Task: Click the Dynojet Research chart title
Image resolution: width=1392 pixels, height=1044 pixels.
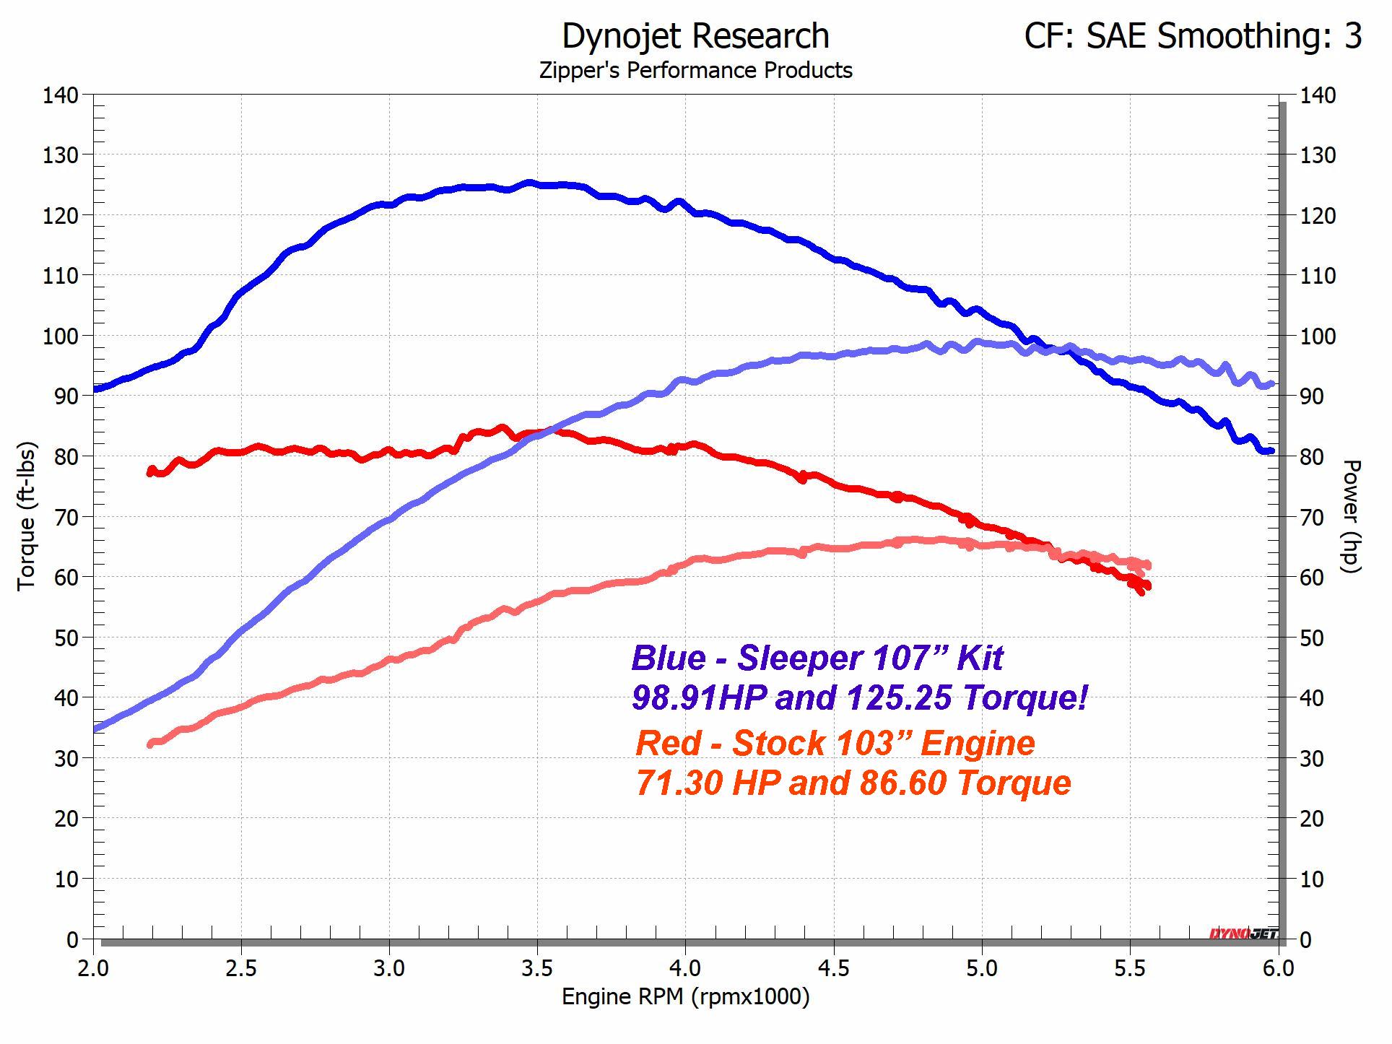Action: (695, 36)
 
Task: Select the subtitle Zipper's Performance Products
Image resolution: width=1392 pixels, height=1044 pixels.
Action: (695, 71)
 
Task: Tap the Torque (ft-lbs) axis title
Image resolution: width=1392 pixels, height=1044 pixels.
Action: (27, 516)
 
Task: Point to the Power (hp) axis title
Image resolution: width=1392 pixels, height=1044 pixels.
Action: (1351, 516)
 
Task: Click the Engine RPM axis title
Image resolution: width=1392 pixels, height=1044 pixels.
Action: (685, 997)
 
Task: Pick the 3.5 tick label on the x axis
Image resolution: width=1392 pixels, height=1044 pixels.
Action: (537, 968)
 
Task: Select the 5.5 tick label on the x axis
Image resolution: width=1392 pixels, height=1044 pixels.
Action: (1130, 968)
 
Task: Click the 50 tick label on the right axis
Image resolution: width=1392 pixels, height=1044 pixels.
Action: (1318, 638)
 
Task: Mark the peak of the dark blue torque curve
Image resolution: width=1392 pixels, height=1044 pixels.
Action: (529, 183)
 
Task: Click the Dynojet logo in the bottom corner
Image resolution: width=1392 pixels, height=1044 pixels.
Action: (1243, 934)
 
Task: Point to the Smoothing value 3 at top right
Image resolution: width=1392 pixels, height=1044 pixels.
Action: (1352, 36)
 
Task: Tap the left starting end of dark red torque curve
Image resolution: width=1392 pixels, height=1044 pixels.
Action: (151, 471)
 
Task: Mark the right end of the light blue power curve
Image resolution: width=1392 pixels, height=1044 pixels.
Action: (1271, 384)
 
